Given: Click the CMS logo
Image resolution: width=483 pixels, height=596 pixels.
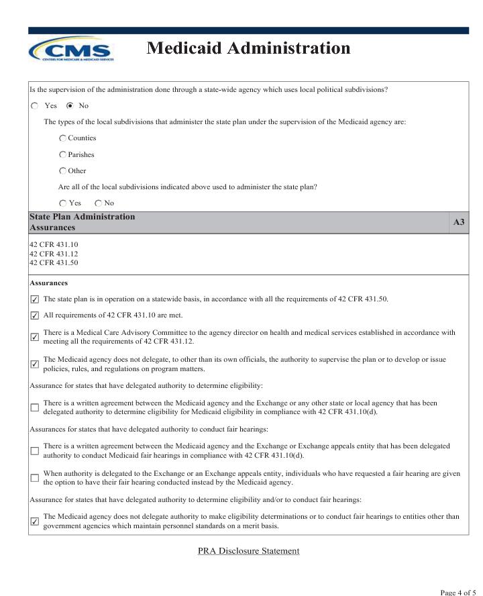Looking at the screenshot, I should point(71,49).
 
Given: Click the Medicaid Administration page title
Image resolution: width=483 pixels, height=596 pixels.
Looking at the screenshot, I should point(248,48).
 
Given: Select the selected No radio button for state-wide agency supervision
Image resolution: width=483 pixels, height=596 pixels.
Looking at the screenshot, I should point(70,106).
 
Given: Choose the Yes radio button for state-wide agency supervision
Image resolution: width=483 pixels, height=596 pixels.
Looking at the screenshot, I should point(35,106).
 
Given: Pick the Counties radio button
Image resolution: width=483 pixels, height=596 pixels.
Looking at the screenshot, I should point(62,138).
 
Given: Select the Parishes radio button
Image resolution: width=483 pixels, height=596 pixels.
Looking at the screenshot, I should point(62,155).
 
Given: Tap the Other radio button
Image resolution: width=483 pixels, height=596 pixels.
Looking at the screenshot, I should point(62,171).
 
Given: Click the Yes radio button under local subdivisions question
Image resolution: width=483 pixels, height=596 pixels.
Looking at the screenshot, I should point(62,203).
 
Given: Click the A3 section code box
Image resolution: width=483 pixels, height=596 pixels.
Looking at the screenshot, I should point(459,222).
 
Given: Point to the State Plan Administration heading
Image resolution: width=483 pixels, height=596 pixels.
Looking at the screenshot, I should point(82,217).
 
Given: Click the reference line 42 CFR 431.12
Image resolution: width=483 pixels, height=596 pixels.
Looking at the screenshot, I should point(54,254).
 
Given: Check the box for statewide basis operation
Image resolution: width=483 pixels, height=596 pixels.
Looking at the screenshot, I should point(35,299).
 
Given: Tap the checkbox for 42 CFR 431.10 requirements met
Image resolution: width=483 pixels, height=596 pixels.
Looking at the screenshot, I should point(35,315).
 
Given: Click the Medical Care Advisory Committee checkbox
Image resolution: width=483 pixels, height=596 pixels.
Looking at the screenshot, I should point(35,337).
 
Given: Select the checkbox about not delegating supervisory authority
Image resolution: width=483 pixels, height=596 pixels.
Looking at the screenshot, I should point(35,364).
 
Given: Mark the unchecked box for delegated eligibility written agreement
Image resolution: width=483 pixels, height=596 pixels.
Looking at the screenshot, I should point(35,407).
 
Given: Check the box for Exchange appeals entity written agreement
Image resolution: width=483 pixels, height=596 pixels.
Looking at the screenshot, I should point(35,450).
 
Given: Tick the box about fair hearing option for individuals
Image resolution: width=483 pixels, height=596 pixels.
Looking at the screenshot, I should point(35,478).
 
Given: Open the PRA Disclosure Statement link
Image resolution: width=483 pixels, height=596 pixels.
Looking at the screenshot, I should point(248,551).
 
